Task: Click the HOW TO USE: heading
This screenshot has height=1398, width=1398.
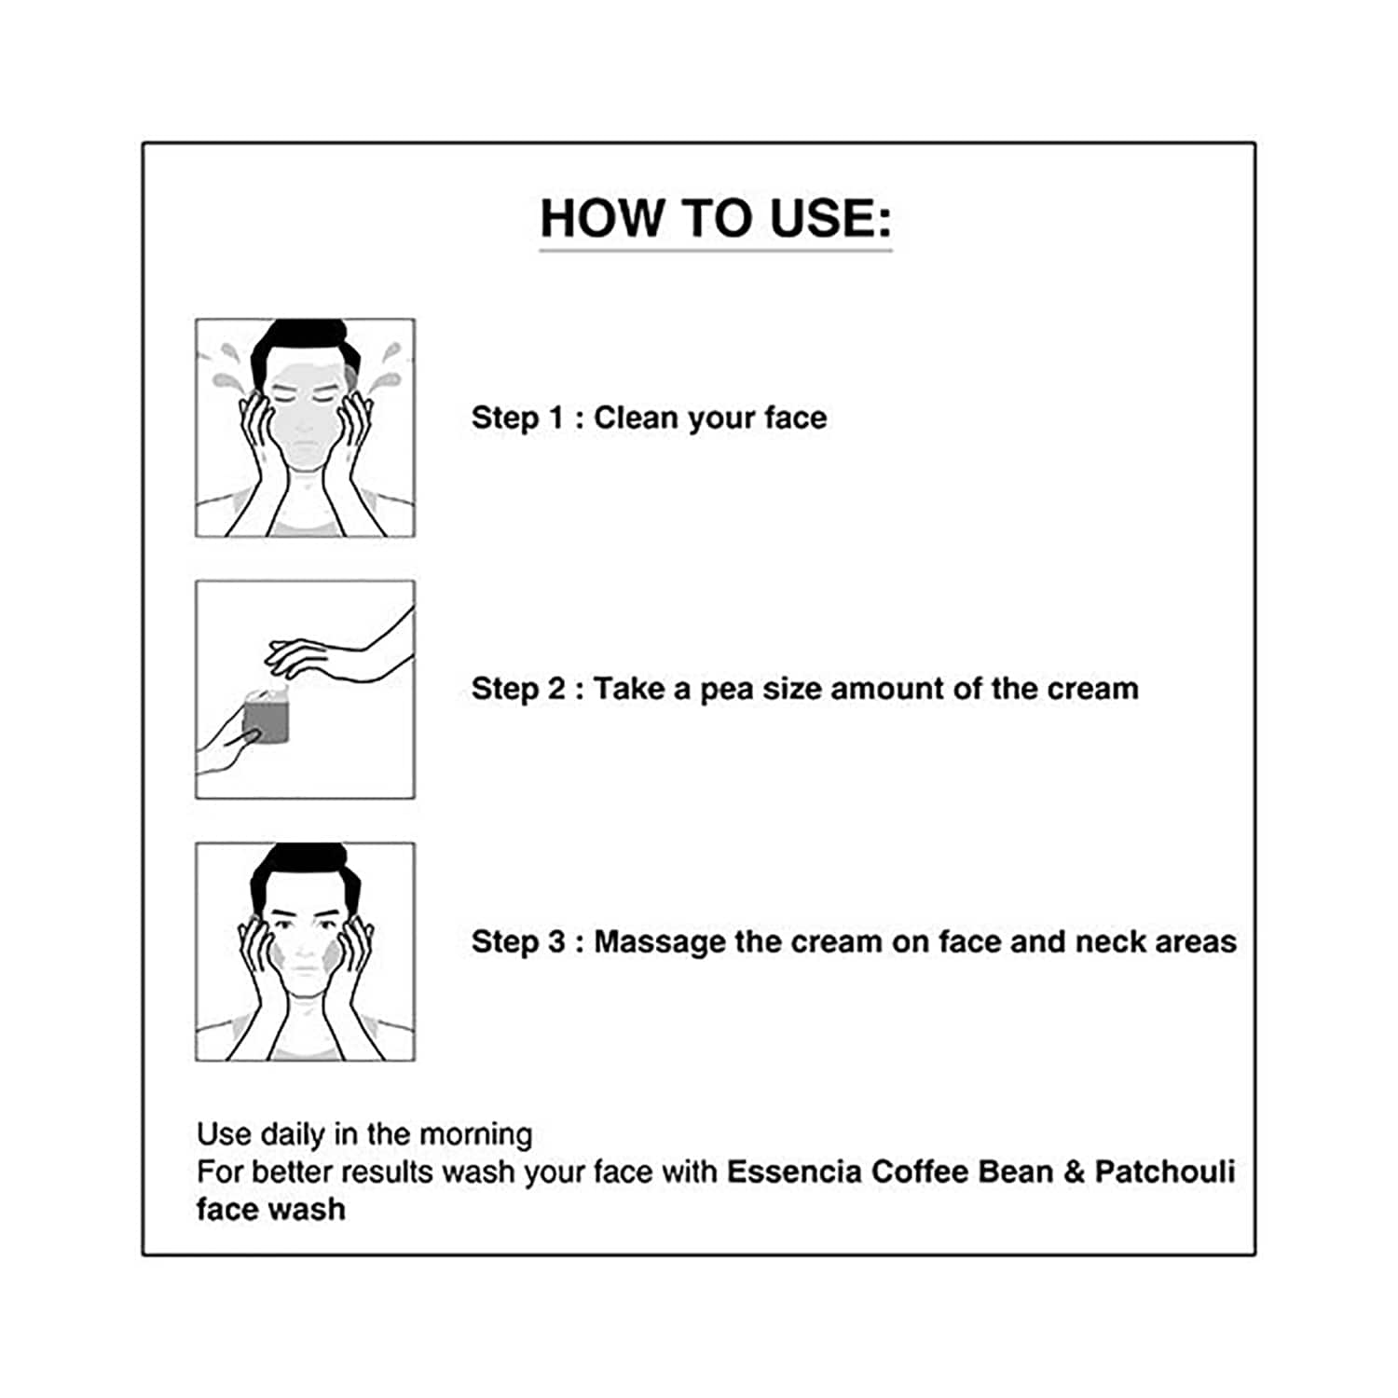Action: [716, 218]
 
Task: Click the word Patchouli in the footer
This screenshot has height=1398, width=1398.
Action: [1165, 1172]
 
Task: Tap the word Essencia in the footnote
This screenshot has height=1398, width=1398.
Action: [794, 1172]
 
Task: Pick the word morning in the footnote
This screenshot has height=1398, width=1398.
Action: [476, 1135]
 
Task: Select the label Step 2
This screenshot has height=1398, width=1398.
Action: [518, 690]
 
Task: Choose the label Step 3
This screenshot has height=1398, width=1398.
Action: [518, 942]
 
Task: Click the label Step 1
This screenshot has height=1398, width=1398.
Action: [518, 418]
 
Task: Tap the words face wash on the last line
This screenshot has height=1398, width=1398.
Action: [271, 1209]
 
